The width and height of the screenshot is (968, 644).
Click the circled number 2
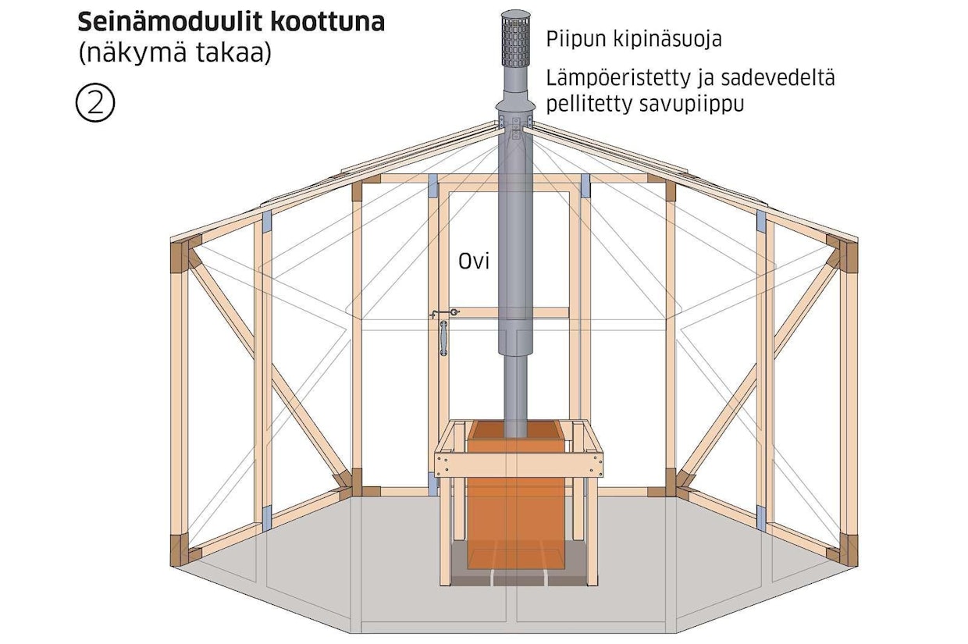tap(95, 104)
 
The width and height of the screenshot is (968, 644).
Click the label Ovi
tap(473, 262)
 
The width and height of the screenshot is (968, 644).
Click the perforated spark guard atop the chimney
tap(515, 39)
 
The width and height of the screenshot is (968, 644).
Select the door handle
tap(443, 338)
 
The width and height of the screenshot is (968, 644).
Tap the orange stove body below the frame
tap(515, 507)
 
